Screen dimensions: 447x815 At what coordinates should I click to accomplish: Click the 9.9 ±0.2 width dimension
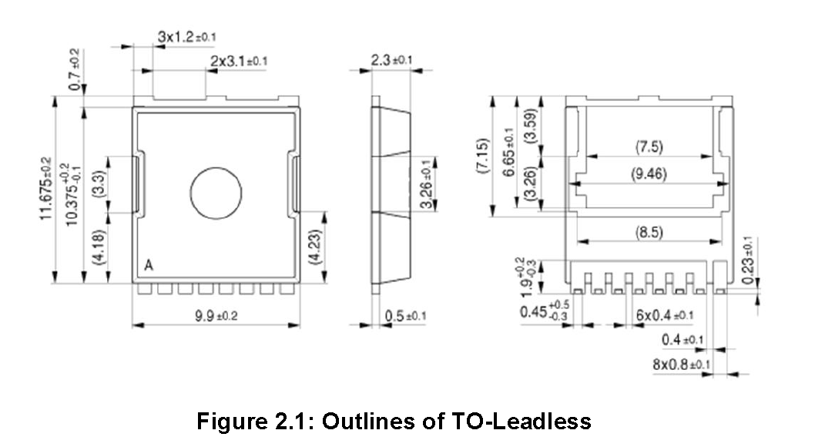click(216, 316)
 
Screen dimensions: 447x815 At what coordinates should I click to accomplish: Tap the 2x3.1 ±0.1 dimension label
click(239, 61)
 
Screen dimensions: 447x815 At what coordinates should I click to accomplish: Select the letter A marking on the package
click(149, 266)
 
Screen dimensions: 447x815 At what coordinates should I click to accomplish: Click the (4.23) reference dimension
click(315, 245)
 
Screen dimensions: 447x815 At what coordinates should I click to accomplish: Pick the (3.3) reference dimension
click(98, 185)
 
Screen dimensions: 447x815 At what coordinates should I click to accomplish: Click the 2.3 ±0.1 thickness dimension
click(391, 60)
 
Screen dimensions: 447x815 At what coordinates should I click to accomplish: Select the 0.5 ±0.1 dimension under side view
click(405, 317)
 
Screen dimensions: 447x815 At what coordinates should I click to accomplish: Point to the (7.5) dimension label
click(649, 146)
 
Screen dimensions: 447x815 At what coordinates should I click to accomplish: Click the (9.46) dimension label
click(649, 174)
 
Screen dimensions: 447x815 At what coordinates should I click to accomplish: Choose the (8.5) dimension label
click(649, 232)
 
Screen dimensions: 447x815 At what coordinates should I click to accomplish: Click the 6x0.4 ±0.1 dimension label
click(664, 315)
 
